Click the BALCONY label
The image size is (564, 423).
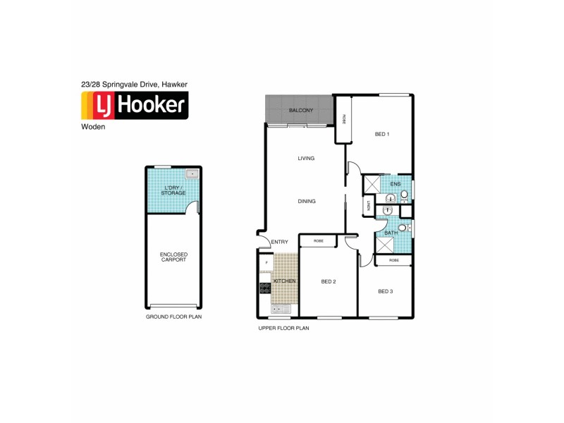pos(301,111)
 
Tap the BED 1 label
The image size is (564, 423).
pos(381,134)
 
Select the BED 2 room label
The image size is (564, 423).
pos(329,281)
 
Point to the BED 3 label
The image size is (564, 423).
pos(385,291)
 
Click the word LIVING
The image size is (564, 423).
pos(306,159)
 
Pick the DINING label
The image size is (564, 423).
pos(307,202)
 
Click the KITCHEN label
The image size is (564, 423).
pos(285,281)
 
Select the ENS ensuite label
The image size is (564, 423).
pos(395,185)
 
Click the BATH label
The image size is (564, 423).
pos(391,233)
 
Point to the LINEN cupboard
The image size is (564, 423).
pos(369,207)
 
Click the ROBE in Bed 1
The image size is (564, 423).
pos(343,120)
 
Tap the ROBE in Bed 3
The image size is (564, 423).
pos(393,260)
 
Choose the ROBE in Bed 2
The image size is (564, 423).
pos(319,241)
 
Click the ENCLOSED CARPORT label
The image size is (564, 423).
pos(173,257)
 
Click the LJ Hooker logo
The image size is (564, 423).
pos(133,106)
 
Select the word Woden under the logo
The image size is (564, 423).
pos(94,128)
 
